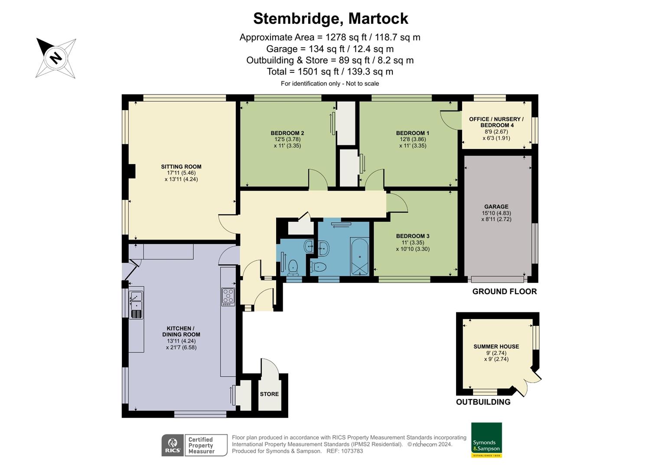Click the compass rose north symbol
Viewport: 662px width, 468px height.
(55, 58)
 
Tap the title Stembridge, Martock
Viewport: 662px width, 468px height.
(330, 19)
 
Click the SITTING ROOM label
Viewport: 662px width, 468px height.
(181, 167)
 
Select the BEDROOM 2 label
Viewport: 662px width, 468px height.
(287, 133)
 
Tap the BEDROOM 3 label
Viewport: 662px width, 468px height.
(412, 237)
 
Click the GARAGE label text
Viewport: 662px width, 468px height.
(496, 207)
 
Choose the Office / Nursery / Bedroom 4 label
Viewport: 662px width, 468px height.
(496, 122)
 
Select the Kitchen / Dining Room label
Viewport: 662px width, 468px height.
(181, 331)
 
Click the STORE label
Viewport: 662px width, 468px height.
(269, 394)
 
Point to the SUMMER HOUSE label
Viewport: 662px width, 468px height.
(496, 347)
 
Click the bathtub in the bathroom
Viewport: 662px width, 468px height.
(359, 257)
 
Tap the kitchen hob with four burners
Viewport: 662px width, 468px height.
(228, 297)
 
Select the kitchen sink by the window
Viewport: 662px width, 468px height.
(136, 299)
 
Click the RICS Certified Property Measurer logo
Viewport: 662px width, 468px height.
(195, 445)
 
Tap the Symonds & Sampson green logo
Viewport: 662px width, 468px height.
(486, 440)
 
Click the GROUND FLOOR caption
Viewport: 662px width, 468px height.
(504, 292)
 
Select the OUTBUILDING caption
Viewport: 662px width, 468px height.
(483, 402)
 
